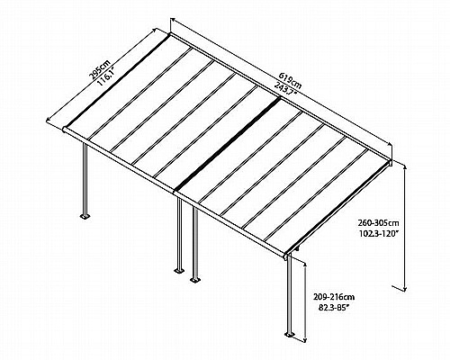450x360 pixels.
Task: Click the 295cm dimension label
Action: tap(99, 70)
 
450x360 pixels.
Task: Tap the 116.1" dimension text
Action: tap(106, 76)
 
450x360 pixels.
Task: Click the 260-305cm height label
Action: tap(378, 223)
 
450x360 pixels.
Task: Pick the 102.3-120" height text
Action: tap(379, 234)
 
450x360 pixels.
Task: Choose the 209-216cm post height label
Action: tap(334, 297)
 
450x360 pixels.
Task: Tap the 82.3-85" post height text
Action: tap(334, 308)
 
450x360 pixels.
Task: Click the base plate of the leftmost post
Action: tap(85, 216)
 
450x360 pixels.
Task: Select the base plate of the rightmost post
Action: tap(289, 334)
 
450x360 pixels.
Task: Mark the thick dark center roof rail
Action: tap(228, 144)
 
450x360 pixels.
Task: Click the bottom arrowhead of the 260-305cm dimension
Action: tap(405, 288)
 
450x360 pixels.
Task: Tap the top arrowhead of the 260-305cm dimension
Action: tap(405, 166)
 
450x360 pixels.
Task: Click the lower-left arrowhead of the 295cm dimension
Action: tap(49, 120)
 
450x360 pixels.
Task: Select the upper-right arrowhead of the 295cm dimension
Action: tap(155, 31)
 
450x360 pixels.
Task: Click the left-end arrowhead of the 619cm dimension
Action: tap(174, 20)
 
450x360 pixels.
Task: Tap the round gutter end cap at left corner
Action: tap(65, 130)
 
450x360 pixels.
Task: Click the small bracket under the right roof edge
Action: tap(297, 248)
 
